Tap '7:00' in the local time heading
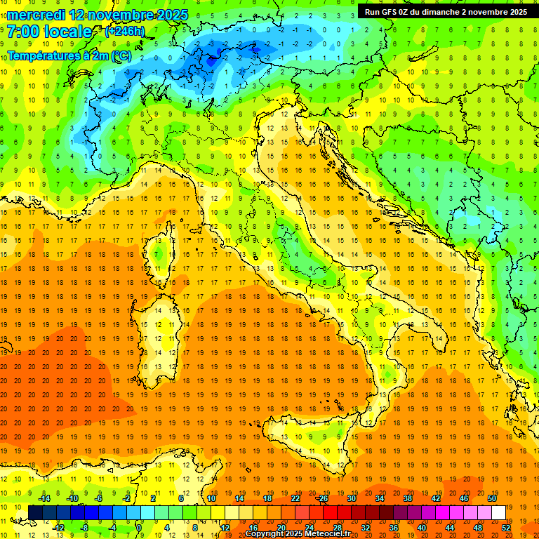(22, 32)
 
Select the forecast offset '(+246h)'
(124, 32)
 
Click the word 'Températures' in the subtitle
(43, 55)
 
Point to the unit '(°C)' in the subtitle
(119, 55)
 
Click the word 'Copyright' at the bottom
(265, 534)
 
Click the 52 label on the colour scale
(505, 527)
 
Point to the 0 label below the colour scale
(139, 527)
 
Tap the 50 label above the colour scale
(491, 498)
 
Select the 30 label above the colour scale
(351, 498)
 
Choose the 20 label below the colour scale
(281, 527)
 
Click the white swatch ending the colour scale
(498, 512)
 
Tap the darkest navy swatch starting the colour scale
(35, 512)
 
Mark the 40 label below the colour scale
(421, 527)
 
